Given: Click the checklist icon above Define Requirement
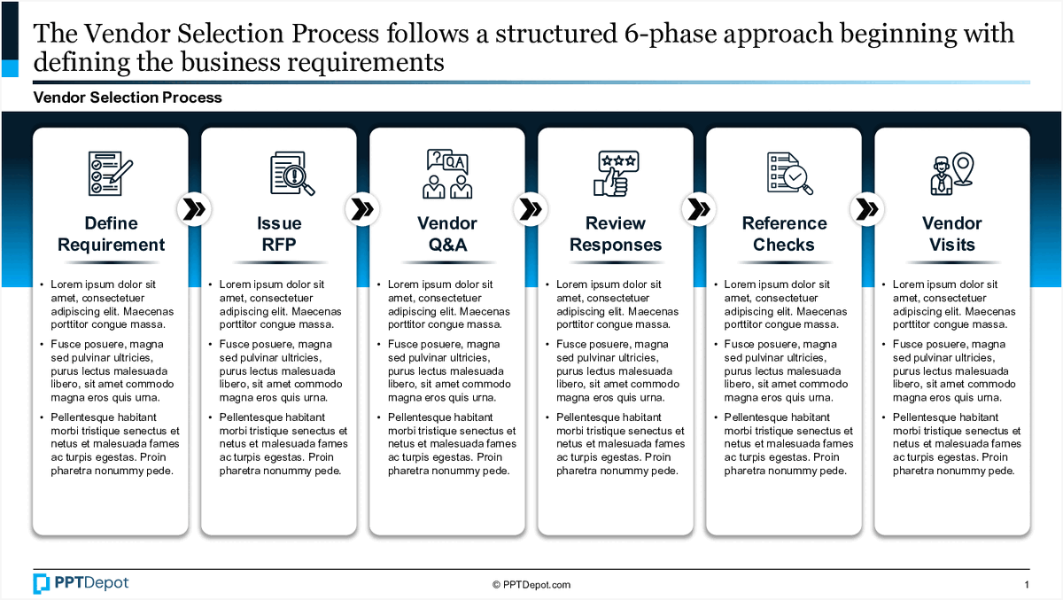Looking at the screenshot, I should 111,173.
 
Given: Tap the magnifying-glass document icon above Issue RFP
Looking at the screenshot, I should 292,173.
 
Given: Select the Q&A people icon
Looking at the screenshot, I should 447,173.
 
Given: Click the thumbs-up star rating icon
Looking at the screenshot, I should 616,173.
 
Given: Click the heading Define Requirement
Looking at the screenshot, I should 111,234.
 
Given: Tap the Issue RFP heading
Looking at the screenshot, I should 279,234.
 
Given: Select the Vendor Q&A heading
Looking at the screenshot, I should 447,234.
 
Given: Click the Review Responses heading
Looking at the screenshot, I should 616,234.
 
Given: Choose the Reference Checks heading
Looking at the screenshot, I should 784,234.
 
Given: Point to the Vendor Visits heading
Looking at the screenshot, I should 952,234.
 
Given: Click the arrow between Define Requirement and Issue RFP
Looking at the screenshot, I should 194,209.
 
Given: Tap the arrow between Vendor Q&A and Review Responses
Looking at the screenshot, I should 531,209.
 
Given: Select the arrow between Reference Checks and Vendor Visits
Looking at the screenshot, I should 867,209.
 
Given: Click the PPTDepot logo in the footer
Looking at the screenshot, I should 81,583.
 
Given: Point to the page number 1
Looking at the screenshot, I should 1026,585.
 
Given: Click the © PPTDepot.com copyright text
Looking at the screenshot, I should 531,585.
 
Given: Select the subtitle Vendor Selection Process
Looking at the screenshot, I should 128,97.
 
